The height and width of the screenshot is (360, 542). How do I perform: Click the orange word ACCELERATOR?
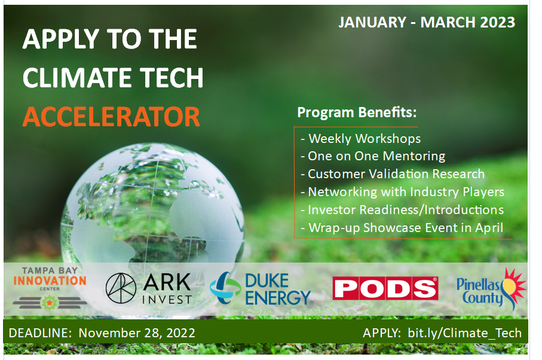111,117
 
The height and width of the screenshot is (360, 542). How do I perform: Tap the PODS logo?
385,288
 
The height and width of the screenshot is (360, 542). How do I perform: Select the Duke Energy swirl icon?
225,288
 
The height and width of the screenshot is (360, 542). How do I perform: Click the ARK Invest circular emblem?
121,288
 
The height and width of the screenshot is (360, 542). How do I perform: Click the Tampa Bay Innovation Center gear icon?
50,303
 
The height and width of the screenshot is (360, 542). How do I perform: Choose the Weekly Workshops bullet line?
360,139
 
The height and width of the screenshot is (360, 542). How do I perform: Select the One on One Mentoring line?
373,156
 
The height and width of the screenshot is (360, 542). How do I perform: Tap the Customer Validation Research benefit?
393,174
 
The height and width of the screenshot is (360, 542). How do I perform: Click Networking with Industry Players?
402,192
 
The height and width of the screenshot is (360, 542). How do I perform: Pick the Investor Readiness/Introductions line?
402,210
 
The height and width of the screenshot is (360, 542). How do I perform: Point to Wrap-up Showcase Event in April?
402,228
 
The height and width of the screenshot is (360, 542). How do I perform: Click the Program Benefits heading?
357,112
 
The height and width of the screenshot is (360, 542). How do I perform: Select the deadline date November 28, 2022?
137,332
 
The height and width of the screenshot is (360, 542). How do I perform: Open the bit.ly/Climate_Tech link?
464,332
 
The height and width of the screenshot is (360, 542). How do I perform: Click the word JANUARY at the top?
372,23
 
